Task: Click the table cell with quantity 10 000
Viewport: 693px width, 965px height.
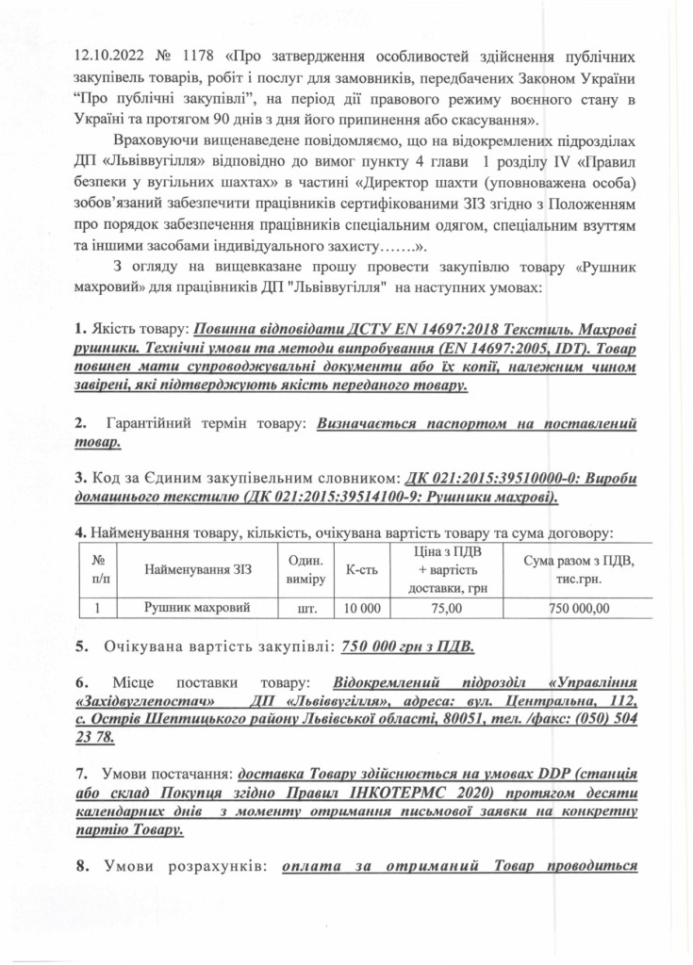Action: click(x=362, y=609)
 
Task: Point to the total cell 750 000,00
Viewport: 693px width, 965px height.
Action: click(x=579, y=609)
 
